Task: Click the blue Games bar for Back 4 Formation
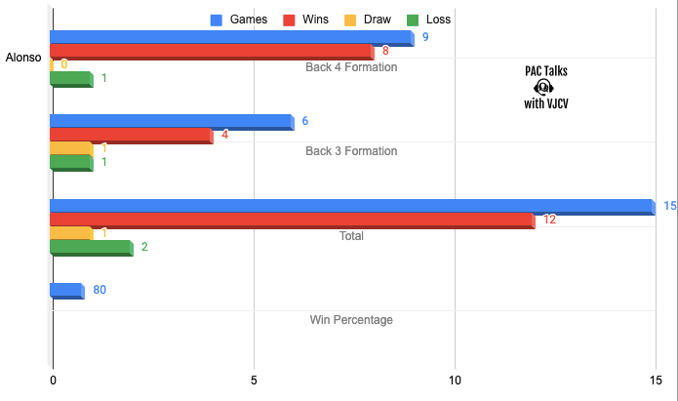231,38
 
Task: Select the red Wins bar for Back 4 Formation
212,52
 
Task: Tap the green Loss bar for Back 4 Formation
71,79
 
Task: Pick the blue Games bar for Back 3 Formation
171,122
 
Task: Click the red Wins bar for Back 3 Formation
131,136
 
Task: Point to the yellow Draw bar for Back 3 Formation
71,149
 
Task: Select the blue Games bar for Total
351,206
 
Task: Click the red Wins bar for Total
292,221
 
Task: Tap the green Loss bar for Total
91,248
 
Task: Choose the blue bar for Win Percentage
66,291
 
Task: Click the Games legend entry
241,19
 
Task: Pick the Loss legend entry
442,19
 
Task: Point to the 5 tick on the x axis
254,381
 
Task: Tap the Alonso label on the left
23,59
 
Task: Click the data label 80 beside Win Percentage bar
100,291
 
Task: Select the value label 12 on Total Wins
549,221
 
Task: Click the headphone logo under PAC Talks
544,86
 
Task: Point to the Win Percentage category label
351,319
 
